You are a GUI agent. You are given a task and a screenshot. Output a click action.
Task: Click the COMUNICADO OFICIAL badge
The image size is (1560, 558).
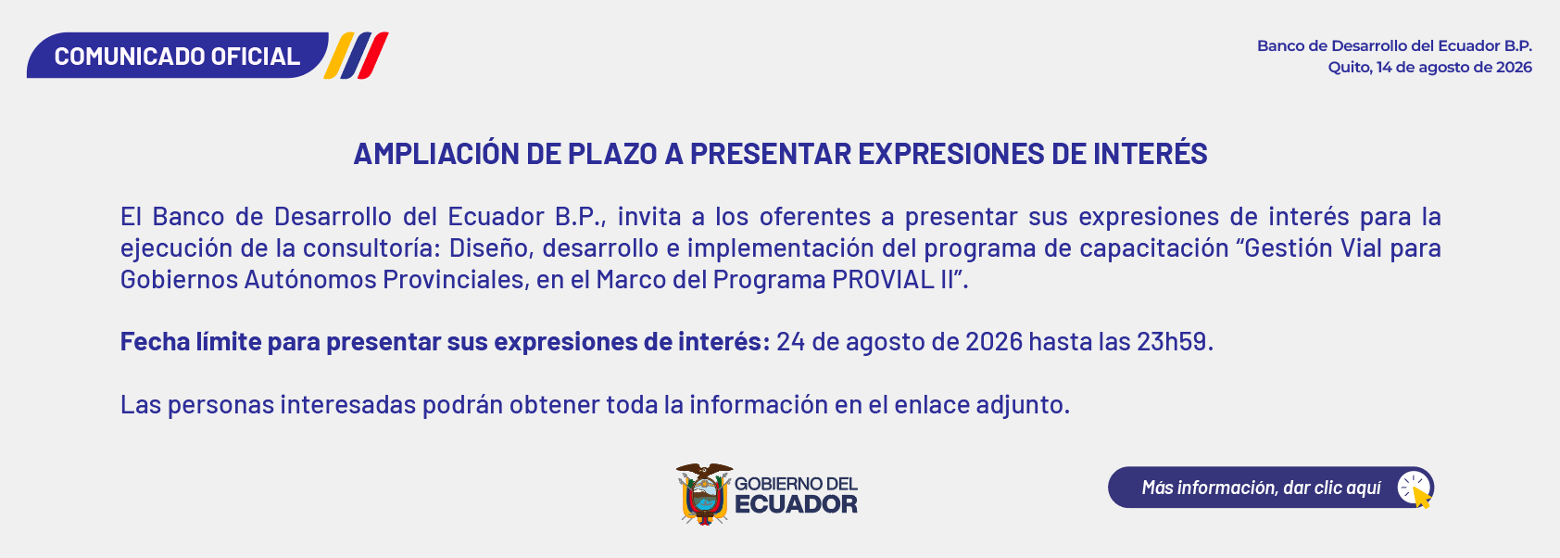(178, 56)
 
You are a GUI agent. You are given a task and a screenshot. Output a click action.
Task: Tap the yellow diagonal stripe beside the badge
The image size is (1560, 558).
(339, 56)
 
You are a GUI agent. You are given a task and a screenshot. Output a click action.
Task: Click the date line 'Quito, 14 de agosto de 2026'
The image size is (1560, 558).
(1429, 68)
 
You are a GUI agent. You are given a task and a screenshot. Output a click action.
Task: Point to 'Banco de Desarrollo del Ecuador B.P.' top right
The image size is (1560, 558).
(1394, 46)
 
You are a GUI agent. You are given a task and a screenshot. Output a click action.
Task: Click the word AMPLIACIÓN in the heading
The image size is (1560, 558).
(436, 153)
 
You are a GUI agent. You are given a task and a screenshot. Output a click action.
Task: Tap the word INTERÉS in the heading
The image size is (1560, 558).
(1150, 153)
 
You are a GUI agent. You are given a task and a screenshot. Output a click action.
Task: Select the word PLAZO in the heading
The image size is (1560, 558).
(612, 154)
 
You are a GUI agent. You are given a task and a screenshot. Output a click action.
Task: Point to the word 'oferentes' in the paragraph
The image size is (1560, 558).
(815, 217)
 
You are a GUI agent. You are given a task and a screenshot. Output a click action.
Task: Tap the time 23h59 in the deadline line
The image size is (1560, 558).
(1172, 341)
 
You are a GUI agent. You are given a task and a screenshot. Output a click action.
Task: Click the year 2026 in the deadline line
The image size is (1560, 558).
(994, 341)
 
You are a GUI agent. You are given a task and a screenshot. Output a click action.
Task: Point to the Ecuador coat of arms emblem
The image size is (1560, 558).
(704, 494)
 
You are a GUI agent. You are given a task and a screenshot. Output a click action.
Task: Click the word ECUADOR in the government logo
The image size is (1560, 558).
(796, 504)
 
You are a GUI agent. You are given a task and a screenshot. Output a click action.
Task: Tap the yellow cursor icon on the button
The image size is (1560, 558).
(1421, 498)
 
